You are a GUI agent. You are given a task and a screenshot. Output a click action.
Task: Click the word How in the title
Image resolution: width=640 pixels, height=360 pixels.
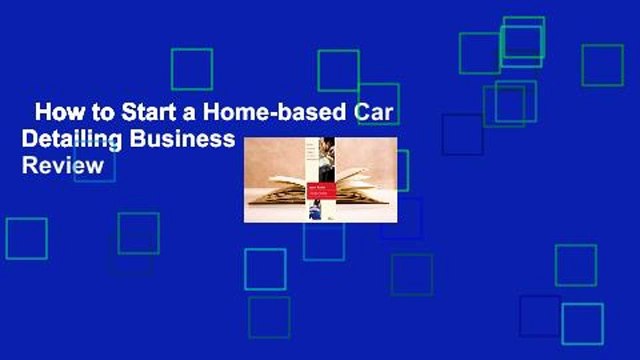[53, 112]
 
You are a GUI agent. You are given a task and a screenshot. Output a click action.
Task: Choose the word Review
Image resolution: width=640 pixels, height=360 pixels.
[62, 166]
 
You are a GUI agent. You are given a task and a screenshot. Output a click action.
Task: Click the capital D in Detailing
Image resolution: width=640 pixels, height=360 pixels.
[30, 139]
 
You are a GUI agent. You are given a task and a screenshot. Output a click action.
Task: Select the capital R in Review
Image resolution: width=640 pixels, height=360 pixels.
[29, 166]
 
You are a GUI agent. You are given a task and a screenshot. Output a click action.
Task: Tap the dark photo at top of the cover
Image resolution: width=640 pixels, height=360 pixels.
[326, 160]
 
